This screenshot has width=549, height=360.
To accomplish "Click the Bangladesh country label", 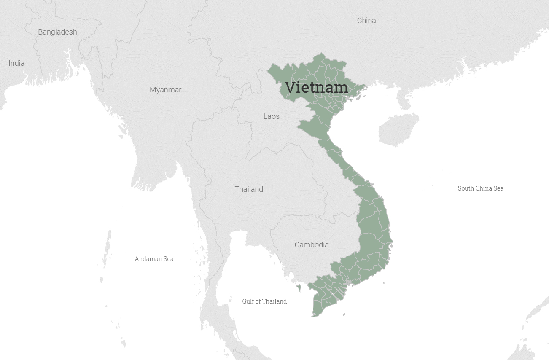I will [57, 32].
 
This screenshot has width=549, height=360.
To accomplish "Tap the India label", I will [16, 63].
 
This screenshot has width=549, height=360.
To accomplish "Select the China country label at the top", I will [366, 21].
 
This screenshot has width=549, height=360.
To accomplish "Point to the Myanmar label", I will [165, 90].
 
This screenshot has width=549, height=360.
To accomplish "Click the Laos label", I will [271, 116].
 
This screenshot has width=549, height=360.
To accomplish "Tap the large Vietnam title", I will [317, 87].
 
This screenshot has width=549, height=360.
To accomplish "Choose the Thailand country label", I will [249, 189].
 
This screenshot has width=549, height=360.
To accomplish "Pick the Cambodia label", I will [311, 245].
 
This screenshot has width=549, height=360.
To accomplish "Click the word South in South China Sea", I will [466, 188].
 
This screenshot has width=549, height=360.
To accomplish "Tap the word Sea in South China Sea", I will [498, 188].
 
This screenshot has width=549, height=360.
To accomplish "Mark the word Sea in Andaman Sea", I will [168, 259].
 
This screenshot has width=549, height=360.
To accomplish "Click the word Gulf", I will [249, 301].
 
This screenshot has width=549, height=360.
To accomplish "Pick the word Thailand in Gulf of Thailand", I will [274, 301].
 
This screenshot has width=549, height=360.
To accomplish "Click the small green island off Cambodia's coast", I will [299, 288].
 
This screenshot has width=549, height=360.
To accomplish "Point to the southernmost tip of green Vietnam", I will [314, 315].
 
